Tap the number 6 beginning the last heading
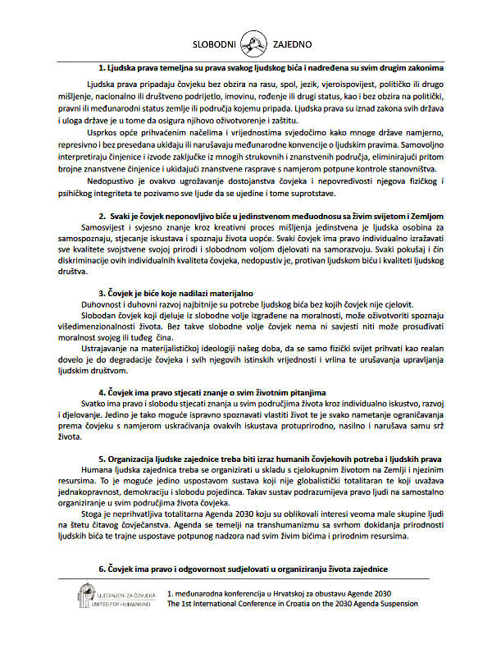pos(100,568)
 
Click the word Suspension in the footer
pos(396,603)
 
